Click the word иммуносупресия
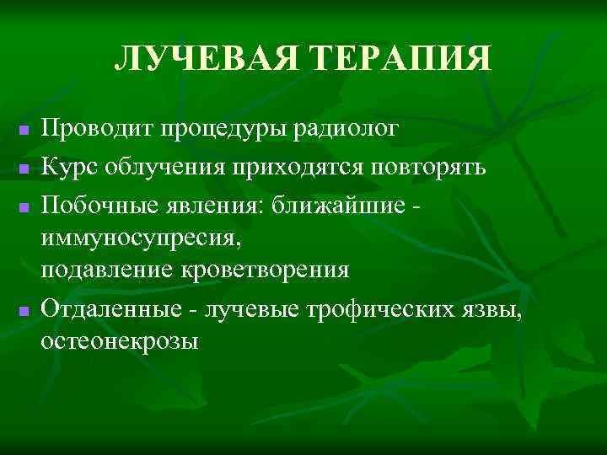141,238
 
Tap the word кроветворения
265,270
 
